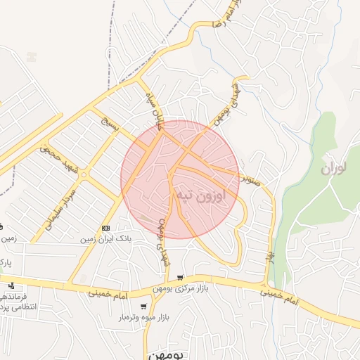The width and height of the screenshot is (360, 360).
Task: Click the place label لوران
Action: pyautogui.click(x=336, y=169)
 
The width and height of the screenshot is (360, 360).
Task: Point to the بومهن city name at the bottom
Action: pyautogui.click(x=167, y=354)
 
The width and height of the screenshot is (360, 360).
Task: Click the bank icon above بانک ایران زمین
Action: pyautogui.click(x=105, y=228)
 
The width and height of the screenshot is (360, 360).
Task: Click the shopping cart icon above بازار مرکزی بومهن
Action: pyautogui.click(x=181, y=278)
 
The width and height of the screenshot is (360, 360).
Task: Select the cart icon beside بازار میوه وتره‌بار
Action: pyautogui.click(x=144, y=307)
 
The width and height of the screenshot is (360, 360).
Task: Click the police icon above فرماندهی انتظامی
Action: pyautogui.click(x=12, y=285)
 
